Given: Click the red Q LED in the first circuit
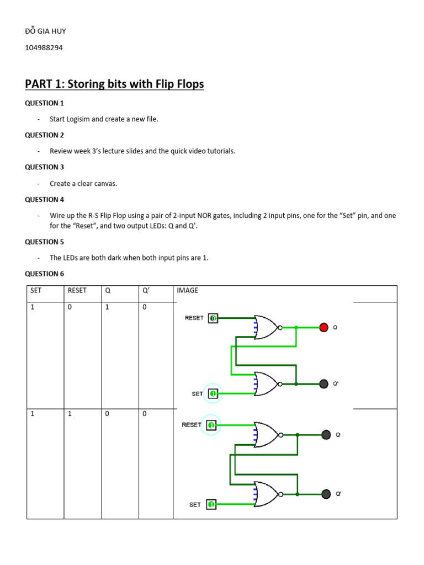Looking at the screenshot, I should pos(324,327).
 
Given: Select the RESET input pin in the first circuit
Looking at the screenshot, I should pos(213,318).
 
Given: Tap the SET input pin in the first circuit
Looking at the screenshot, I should pos(213,393).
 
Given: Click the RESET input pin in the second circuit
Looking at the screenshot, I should pos(211,425).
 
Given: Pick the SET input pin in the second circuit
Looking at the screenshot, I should pos(211,504).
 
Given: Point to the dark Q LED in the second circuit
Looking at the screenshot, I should pos(326,435).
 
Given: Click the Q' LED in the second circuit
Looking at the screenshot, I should pos(326,494).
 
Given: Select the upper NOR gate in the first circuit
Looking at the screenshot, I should pos(266,327).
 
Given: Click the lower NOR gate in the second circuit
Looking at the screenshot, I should pos(266,494).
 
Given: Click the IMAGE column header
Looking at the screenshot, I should pos(187,290).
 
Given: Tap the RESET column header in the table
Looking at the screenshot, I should pos(77,290).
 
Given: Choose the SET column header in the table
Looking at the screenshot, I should pos(36,290).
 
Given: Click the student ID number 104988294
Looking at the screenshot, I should pos(44,48).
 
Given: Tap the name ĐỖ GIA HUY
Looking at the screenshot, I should pos(45,31).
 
